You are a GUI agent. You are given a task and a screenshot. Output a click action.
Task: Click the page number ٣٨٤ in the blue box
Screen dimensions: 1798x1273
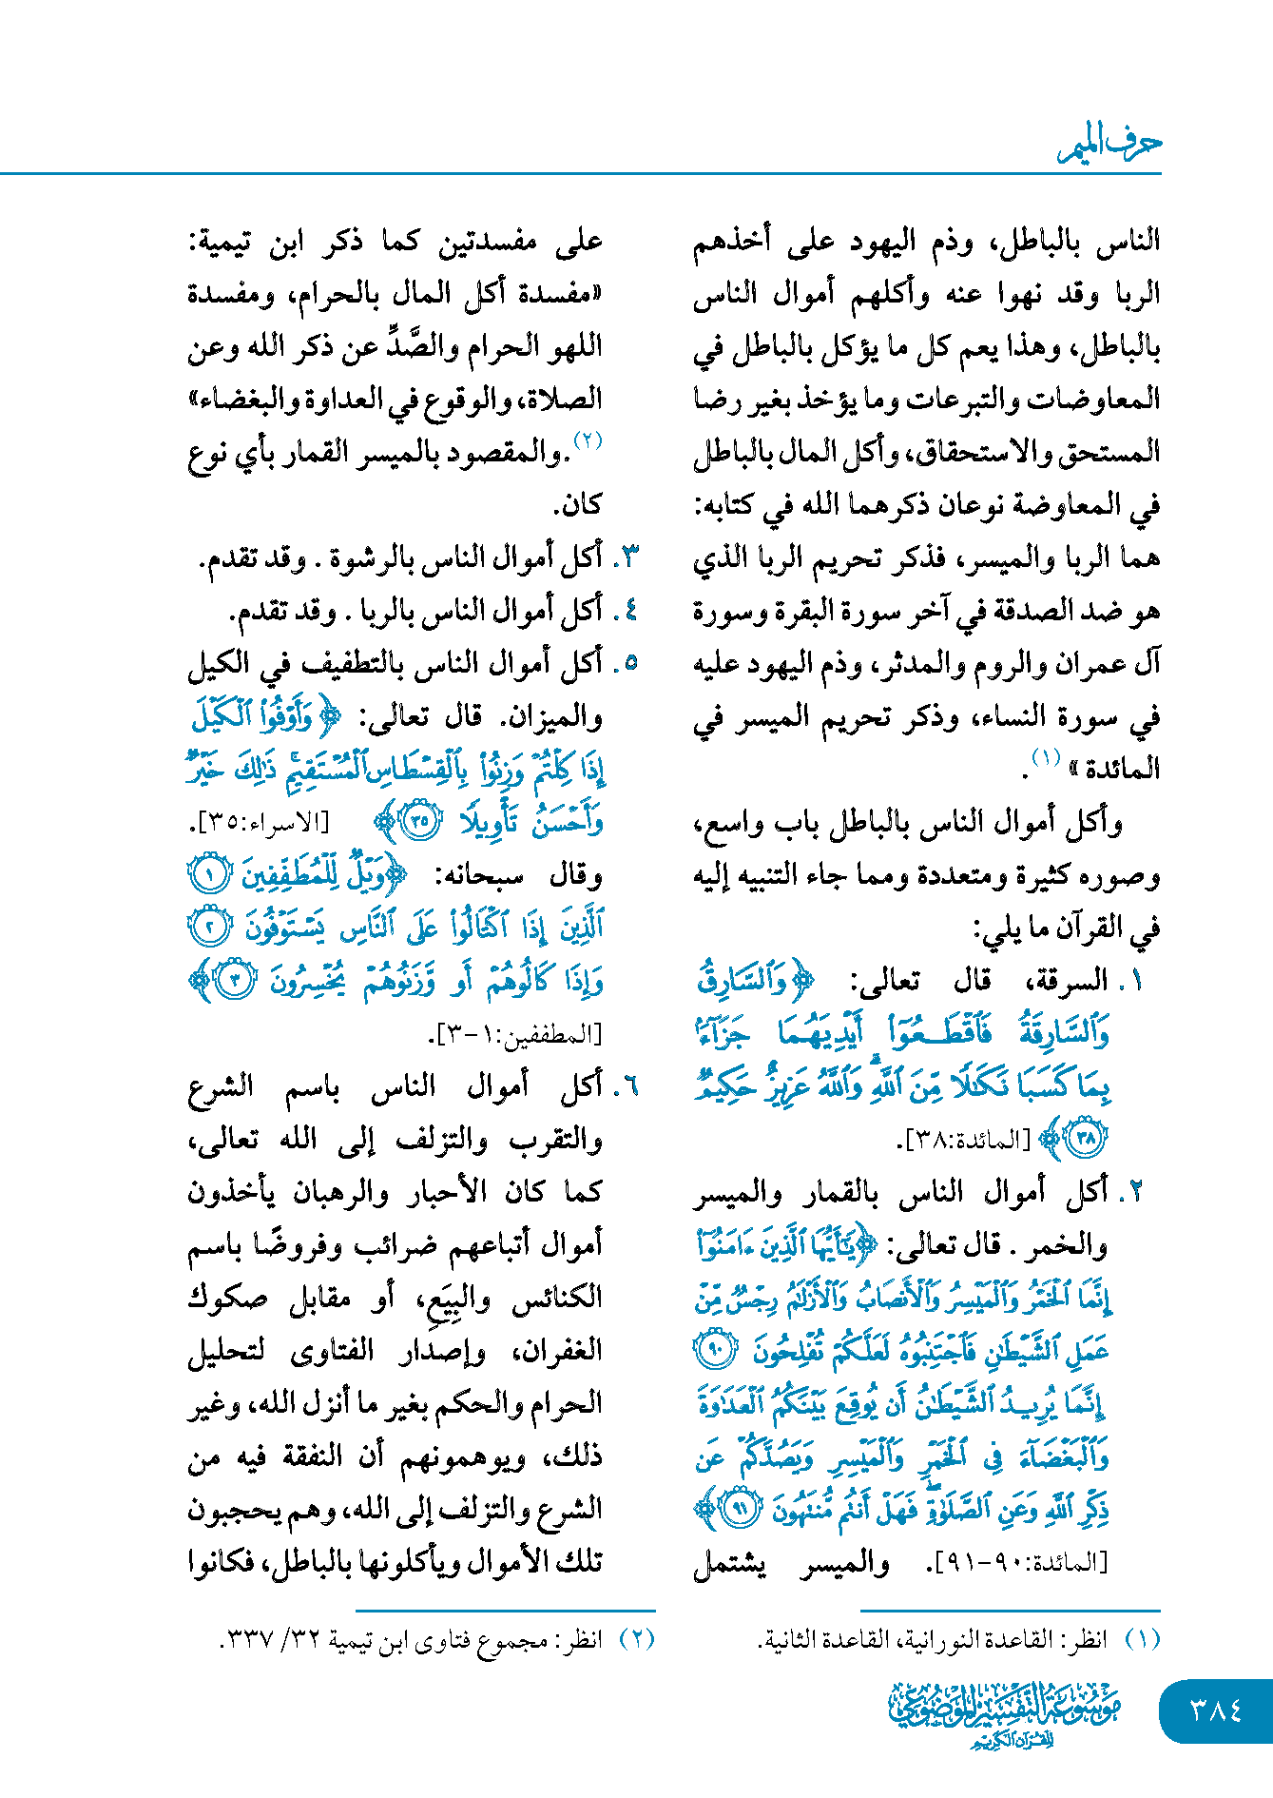click(1216, 1710)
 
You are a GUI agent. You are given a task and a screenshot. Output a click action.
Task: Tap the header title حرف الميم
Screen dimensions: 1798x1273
click(1110, 145)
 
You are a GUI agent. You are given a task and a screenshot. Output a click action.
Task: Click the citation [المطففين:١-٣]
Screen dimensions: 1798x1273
click(515, 1034)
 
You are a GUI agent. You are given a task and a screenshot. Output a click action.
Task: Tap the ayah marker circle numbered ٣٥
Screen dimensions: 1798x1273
click(418, 820)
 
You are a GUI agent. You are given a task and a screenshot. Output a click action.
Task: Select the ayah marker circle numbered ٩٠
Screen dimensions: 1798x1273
click(717, 1351)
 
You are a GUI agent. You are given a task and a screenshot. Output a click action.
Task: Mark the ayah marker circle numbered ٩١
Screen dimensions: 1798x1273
click(739, 1509)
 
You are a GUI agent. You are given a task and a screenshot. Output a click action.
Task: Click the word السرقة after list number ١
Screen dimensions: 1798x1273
click(1075, 980)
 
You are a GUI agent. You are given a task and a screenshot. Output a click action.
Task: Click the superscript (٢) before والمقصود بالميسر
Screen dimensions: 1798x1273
click(588, 440)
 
